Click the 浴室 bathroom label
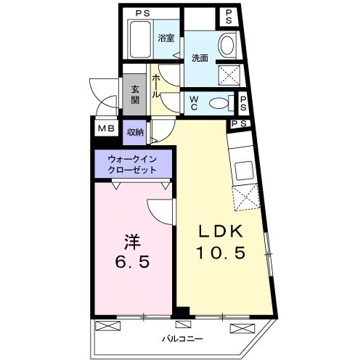[x=166, y=38]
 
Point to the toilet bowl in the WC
[x=217, y=103]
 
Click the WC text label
[x=195, y=102]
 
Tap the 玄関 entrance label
[x=135, y=96]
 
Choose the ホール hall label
[x=156, y=85]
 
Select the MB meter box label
[x=106, y=130]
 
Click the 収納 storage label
[x=135, y=131]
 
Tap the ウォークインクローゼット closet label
[x=133, y=163]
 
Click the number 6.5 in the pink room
[x=131, y=261]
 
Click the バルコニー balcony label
[x=181, y=339]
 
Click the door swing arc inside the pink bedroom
[x=158, y=209]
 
